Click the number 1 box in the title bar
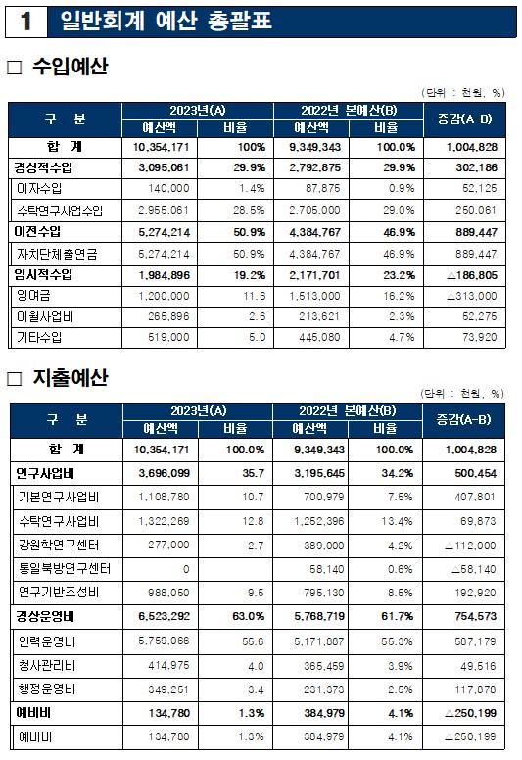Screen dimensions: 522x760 [26, 22]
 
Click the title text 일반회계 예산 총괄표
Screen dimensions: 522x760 [166, 21]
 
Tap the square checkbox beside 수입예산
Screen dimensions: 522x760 [15, 68]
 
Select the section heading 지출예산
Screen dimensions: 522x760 [71, 378]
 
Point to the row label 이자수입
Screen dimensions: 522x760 [39, 189]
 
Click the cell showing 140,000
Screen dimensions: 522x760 [168, 189]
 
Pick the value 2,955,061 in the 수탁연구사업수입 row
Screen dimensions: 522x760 [164, 211]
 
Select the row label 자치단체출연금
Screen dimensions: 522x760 [57, 254]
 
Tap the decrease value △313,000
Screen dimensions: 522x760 [472, 296]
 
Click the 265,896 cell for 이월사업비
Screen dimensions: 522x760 [168, 317]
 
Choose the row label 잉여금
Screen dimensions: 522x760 [33, 296]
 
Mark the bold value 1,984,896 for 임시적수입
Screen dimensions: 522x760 [165, 275]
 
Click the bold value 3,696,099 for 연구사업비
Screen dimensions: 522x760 [165, 473]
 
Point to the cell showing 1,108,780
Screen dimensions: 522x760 [164, 497]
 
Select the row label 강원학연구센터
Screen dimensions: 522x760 [59, 545]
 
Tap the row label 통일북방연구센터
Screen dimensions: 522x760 [65, 568]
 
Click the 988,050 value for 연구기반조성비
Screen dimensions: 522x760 [168, 593]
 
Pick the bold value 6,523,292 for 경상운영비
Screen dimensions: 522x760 [165, 617]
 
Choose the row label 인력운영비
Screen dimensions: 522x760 [47, 641]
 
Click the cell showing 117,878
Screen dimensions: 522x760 [475, 689]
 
